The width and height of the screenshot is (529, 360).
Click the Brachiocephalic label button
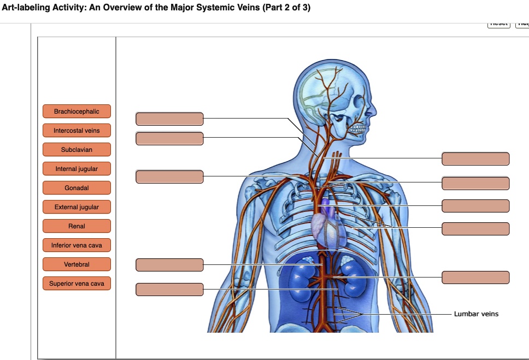click(77, 111)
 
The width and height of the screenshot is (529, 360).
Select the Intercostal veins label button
click(77, 131)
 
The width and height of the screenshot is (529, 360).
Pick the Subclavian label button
click(77, 150)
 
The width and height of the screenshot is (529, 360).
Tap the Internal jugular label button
click(77, 169)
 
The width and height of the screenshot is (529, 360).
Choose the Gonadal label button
click(77, 188)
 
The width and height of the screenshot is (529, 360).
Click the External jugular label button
click(77, 207)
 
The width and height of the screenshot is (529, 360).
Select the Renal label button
click(77, 226)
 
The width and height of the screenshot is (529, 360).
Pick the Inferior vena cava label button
click(77, 245)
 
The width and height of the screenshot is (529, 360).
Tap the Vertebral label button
click(77, 264)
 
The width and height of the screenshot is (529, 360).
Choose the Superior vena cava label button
click(77, 284)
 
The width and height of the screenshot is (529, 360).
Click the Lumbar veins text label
click(476, 314)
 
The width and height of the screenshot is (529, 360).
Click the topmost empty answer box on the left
click(169, 119)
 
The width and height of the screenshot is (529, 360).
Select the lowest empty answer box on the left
click(169, 290)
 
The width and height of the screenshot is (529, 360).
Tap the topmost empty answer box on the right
click(475, 159)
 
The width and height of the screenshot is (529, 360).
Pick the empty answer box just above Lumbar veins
click(475, 278)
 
